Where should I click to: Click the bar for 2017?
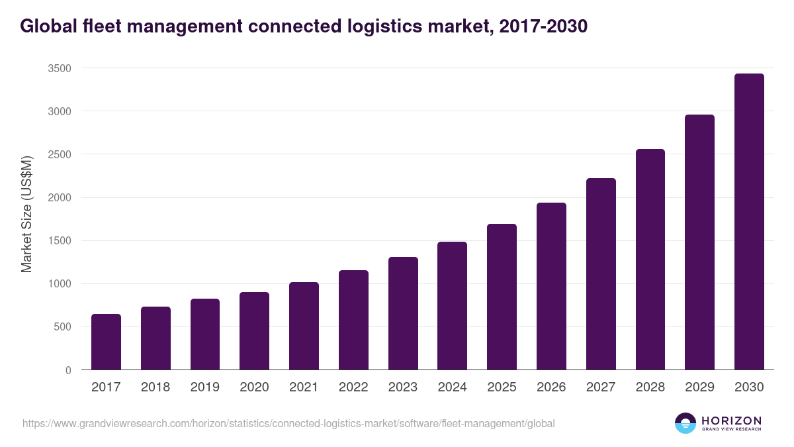106,342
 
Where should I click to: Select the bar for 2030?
749,222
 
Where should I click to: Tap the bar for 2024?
452,306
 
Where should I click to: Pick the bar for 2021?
304,326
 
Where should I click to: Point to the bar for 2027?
601,274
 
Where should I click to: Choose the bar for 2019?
205,334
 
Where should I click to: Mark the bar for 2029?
699,242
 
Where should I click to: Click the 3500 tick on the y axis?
60,68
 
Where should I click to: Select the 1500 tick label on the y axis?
60,241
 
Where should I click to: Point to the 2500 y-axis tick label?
60,154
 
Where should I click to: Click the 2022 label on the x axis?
353,387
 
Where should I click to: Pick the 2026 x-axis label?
551,387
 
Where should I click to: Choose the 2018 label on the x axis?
155,387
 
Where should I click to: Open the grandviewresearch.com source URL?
288,423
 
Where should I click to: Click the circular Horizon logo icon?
685,423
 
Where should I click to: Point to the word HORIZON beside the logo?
731,421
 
